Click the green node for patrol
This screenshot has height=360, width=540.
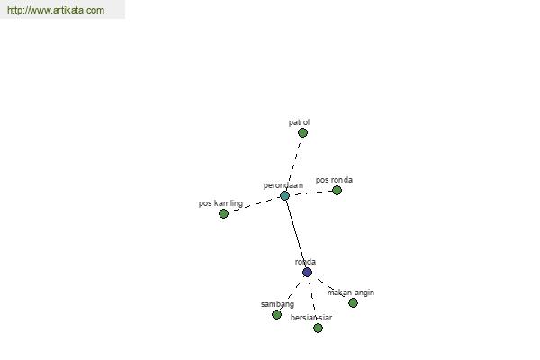302,132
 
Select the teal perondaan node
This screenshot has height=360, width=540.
284,195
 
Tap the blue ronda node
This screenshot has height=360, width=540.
307,272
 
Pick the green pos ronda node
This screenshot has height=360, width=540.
337,190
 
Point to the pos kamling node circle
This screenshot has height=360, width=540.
223,213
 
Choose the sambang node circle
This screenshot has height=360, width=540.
276,314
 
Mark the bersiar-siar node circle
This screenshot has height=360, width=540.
318,328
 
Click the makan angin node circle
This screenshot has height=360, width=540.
353,302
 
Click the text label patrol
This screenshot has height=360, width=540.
299,122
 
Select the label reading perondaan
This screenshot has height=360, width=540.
283,185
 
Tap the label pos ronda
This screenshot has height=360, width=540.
334,180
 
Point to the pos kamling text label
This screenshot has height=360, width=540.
220,203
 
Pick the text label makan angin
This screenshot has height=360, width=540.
351,292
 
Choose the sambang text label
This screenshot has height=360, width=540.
277,304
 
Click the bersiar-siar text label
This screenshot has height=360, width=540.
311,318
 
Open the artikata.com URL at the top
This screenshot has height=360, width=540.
56,10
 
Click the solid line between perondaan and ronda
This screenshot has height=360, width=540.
296,234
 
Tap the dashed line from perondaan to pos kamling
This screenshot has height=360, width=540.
255,204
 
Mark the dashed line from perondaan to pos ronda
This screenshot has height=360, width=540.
310,193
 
